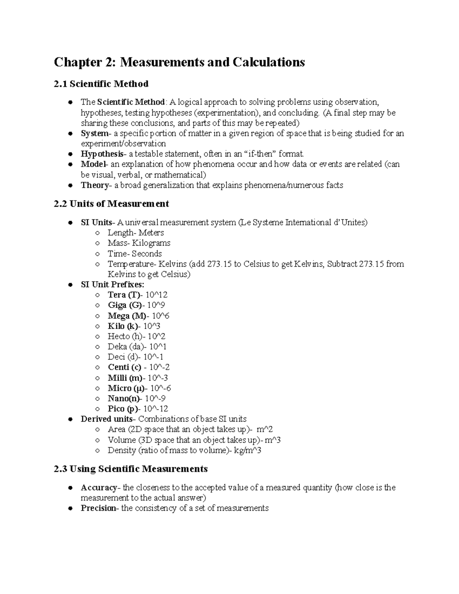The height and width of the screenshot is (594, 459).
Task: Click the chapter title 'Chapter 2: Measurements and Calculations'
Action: [x=179, y=62]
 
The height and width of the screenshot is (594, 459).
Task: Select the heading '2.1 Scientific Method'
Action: [x=101, y=83]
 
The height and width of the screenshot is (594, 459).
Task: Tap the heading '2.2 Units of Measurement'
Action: [x=111, y=204]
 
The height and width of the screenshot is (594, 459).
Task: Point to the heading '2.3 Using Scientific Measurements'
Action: [x=131, y=469]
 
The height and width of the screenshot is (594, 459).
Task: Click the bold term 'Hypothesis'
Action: [x=102, y=154]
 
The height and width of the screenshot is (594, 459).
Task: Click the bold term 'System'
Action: [x=94, y=133]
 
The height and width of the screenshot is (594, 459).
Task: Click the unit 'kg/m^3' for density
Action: [x=247, y=451]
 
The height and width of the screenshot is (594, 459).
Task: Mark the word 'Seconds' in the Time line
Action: [x=147, y=254]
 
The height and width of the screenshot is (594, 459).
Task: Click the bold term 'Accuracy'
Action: [x=99, y=488]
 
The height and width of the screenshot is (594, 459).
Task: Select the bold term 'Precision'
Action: [x=98, y=508]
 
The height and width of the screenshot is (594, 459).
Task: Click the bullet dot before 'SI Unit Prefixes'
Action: [x=70, y=285]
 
